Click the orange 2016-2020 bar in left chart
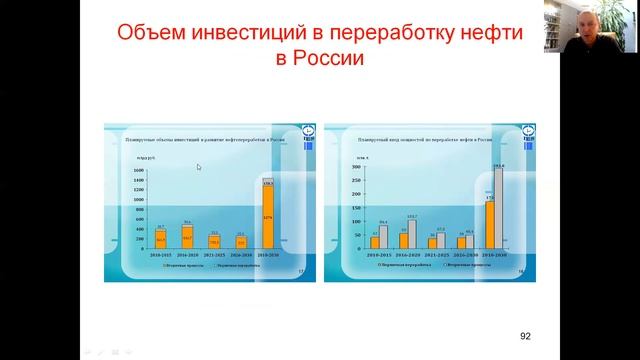pyautogui.click(x=187, y=237)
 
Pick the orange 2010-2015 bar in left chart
pyautogui.click(x=160, y=239)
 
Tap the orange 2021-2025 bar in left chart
pyautogui.click(x=214, y=241)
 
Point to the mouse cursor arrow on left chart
pyautogui.click(x=199, y=167)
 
